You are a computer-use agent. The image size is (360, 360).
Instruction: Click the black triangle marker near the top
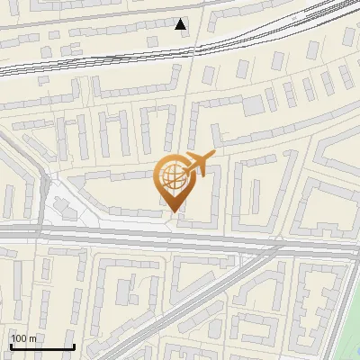[182, 24]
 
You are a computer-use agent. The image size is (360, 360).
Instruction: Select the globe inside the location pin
[173, 177]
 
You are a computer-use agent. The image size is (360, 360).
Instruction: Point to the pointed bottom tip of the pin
[174, 211]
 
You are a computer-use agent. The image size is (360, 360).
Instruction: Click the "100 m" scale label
[23, 337]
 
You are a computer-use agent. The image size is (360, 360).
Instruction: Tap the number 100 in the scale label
[19, 337]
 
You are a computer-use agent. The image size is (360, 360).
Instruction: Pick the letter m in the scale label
[32, 337]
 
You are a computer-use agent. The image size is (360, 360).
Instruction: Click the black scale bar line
[41, 346]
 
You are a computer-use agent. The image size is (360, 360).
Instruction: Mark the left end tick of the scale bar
[11, 345]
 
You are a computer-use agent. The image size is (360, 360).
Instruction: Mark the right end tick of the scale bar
[72, 345]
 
